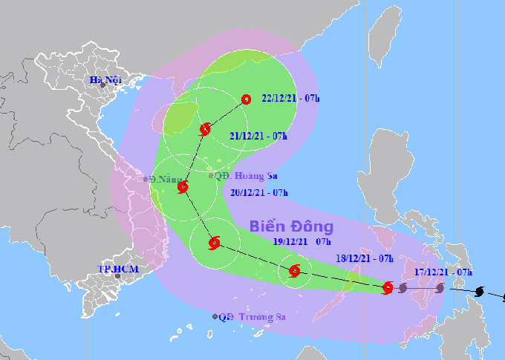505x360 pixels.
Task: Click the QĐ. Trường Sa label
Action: pyautogui.click(x=252, y=316)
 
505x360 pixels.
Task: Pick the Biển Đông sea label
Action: pyautogui.click(x=291, y=226)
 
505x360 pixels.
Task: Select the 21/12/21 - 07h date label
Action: pyautogui.click(x=258, y=135)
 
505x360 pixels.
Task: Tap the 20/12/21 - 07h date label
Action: pyautogui.click(x=258, y=192)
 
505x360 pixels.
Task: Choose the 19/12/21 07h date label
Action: pyautogui.click(x=302, y=242)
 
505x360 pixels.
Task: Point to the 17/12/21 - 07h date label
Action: pyautogui.click(x=443, y=272)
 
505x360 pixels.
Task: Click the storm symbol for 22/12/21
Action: pyautogui.click(x=247, y=99)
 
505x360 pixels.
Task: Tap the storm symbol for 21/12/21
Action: pyautogui.click(x=205, y=130)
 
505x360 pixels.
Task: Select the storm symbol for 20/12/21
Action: pyautogui.click(x=183, y=188)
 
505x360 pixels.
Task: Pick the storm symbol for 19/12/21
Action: pyautogui.click(x=215, y=242)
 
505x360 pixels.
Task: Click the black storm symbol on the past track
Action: pyautogui.click(x=479, y=292)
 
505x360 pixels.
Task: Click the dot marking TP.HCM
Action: pyautogui.click(x=117, y=276)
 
